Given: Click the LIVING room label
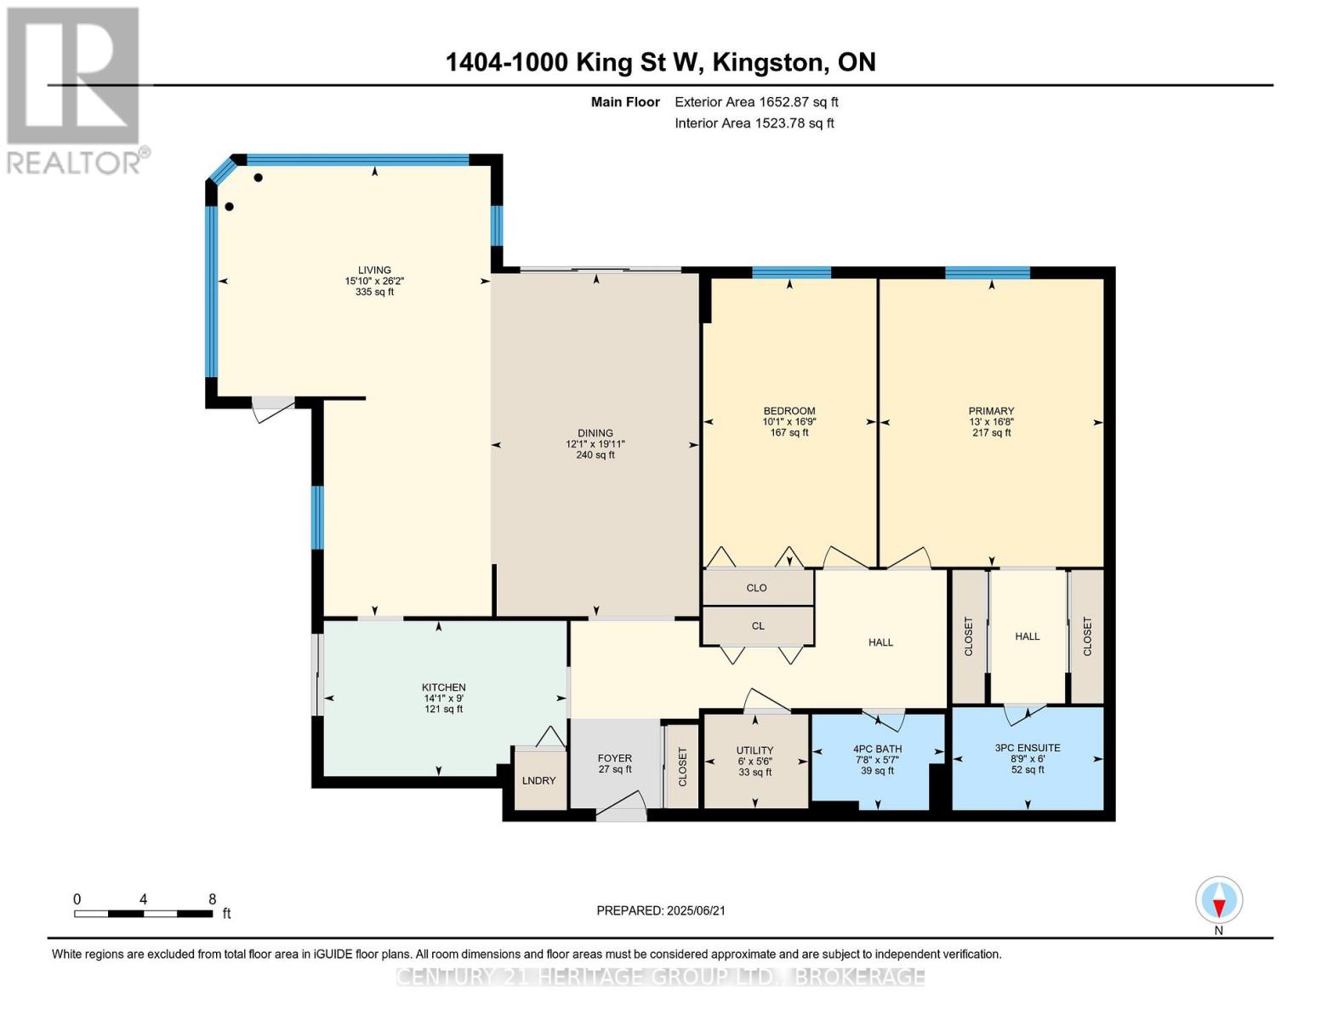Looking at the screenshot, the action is coord(374,270).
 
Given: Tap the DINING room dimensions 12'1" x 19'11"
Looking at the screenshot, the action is coord(595,444).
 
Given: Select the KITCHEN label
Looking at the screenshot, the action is coord(444,687).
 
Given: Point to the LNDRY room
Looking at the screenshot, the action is coord(538,780).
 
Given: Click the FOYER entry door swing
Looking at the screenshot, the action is coord(620,802).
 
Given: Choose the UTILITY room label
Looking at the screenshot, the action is coord(755,750).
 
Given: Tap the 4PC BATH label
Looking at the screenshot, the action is coord(877,750).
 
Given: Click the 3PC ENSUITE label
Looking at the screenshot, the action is coord(1028,748).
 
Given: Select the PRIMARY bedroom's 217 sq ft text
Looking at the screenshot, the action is coord(992,433).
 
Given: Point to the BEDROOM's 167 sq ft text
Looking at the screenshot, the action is coord(789,433).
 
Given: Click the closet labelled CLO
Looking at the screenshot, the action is coord(757,587).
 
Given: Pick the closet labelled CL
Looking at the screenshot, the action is coord(757,625).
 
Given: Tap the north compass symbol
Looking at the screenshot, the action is coord(1219,899).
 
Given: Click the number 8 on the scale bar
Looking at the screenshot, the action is coord(212,898).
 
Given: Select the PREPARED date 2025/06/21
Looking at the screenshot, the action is coord(696,910).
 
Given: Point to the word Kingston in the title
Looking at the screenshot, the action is coord(770,63).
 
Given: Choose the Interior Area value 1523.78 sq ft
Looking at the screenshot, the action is coord(794,123).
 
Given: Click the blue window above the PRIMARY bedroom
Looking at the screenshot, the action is coord(988,272).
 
